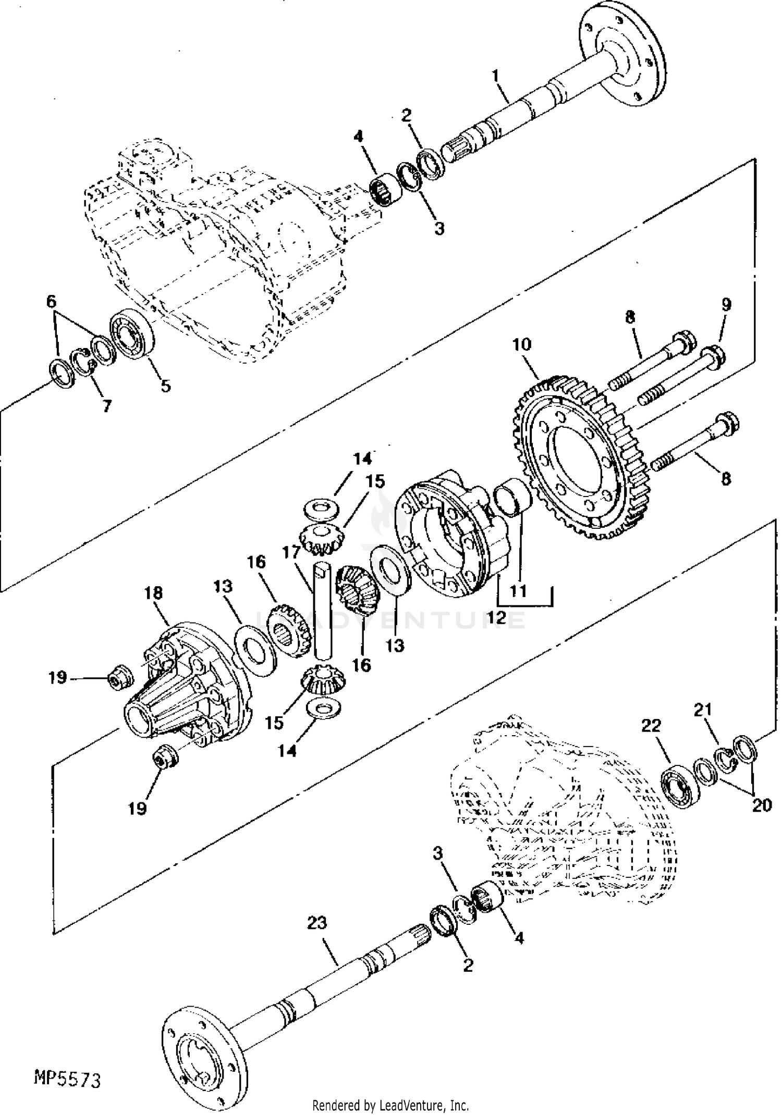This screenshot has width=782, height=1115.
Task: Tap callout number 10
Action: pos(522,344)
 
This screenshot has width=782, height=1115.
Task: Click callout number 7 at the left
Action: pos(107,405)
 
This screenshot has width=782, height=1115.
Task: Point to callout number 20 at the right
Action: pos(761,805)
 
